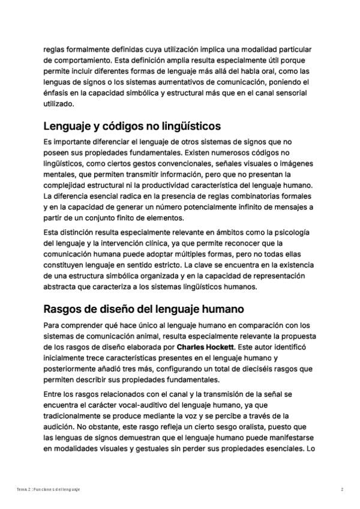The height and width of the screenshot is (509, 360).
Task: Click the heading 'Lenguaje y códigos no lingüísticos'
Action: tap(132, 127)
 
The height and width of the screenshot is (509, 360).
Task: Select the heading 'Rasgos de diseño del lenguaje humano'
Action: tap(143, 310)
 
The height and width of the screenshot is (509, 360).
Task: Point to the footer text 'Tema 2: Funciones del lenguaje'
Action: tap(49, 490)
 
